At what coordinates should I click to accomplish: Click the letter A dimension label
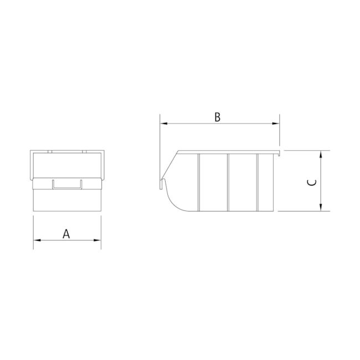(66, 234)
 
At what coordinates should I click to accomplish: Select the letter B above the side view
(218, 117)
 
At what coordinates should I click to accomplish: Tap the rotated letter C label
(312, 182)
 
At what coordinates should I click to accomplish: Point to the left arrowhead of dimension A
(37, 240)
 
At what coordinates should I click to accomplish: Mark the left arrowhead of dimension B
(163, 124)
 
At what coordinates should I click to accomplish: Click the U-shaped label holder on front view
(67, 184)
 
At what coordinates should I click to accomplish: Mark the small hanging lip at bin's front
(162, 183)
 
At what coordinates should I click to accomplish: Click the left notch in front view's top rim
(50, 150)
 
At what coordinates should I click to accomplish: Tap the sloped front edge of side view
(169, 164)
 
